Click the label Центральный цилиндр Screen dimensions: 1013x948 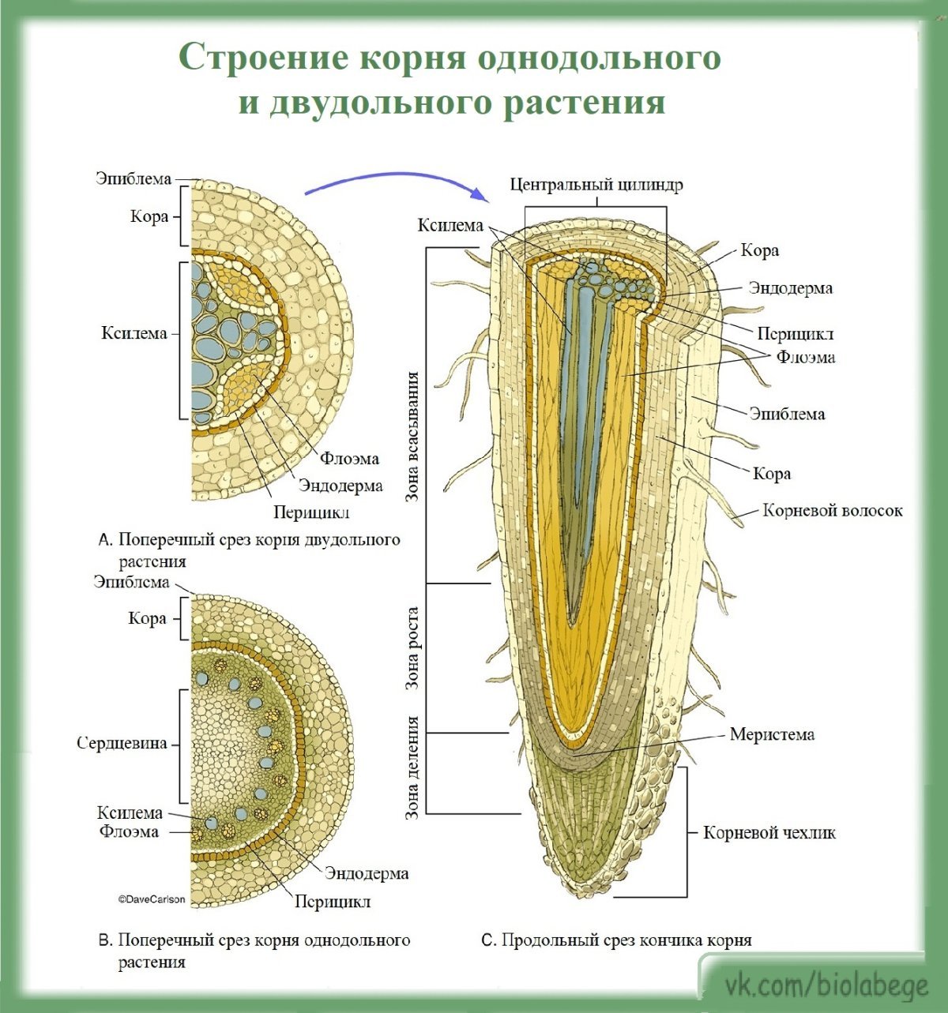(x=596, y=185)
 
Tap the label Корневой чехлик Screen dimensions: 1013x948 (x=769, y=832)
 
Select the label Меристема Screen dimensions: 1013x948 (x=772, y=734)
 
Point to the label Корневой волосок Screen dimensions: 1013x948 (x=832, y=510)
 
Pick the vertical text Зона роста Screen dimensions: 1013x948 (x=412, y=648)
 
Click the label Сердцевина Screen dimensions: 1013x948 (x=122, y=743)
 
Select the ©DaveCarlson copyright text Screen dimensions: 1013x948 (x=152, y=899)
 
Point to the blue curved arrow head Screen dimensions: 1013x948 (x=478, y=193)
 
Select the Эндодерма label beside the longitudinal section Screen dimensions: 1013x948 (x=790, y=288)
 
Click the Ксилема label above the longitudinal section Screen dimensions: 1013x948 (x=450, y=226)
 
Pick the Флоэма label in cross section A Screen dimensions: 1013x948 (x=349, y=459)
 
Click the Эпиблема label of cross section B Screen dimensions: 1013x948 (x=131, y=582)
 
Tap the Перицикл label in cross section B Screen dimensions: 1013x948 (x=333, y=901)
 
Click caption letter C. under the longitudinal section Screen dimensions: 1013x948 (x=488, y=941)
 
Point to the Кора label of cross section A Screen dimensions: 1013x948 (x=149, y=216)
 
